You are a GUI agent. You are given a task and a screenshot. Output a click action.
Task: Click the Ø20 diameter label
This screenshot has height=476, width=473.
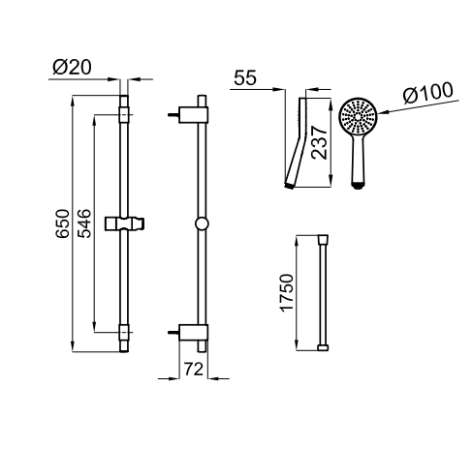[72, 68]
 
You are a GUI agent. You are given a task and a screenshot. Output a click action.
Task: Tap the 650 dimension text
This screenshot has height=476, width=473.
[62, 223]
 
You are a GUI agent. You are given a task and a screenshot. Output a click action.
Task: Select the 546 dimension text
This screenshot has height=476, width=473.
[84, 223]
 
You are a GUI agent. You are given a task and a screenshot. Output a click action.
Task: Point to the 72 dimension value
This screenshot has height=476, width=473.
[194, 369]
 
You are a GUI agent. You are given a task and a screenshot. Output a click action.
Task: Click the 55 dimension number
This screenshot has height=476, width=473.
[245, 77]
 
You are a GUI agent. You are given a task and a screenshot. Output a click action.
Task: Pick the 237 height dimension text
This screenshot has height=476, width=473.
[319, 142]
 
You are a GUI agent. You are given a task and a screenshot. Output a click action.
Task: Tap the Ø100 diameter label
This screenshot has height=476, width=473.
[428, 93]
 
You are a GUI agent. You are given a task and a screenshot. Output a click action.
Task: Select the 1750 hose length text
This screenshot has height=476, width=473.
[287, 293]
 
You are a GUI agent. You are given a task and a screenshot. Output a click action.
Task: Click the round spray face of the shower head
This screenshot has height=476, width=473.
[358, 116]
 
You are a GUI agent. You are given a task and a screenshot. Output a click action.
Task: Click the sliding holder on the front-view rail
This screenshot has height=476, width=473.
[124, 223]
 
